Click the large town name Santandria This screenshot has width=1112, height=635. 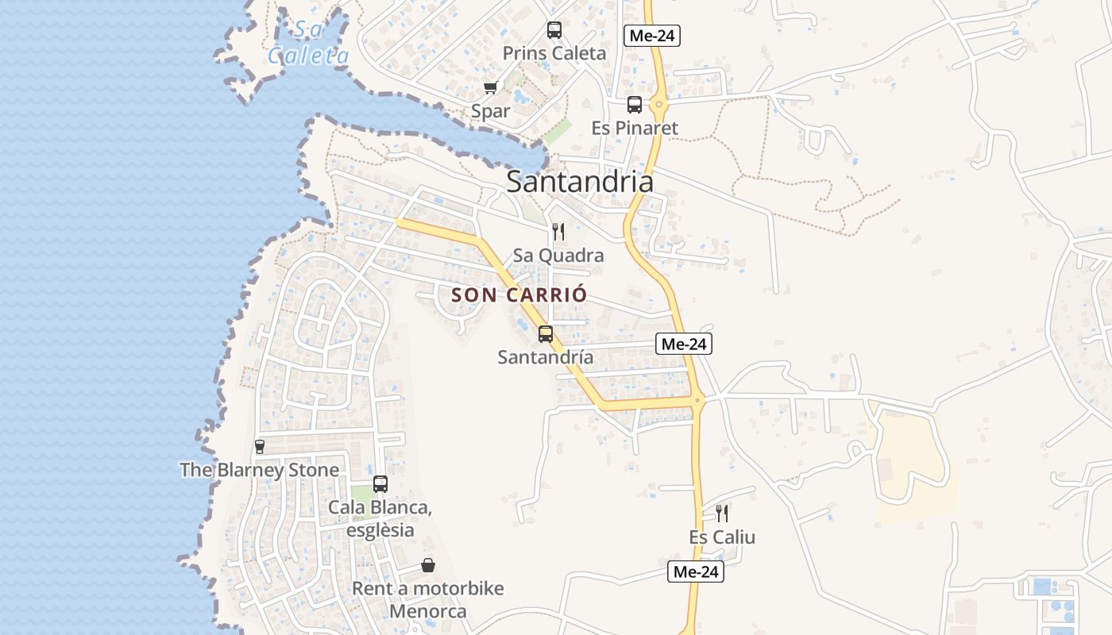tap(580, 182)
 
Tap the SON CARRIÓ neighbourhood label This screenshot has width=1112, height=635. tap(519, 295)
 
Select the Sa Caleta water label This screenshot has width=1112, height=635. tap(309, 44)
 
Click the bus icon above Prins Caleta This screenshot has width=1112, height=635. tap(554, 30)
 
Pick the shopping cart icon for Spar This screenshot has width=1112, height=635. tap(490, 87)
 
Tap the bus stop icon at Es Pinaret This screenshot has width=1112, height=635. tap(634, 104)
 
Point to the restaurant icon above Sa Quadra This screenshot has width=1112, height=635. tap(558, 232)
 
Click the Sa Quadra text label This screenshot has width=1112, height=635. tap(558, 256)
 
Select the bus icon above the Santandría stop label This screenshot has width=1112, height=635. tap(546, 333)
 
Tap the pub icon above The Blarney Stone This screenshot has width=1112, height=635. tap(260, 446)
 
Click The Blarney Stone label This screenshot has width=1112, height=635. tap(260, 470)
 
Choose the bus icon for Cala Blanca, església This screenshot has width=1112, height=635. tap(380, 483)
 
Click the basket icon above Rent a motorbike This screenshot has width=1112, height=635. tap(428, 565)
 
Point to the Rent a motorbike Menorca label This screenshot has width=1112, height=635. tap(428, 600)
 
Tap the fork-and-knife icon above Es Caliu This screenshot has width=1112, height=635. tap(722, 513)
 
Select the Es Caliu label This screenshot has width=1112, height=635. tap(722, 537)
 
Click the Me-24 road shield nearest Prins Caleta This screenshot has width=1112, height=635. tap(652, 35)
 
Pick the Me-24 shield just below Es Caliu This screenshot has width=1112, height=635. tap(696, 571)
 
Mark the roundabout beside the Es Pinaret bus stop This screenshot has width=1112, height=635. tap(658, 104)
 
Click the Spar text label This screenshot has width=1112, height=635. tap(490, 111)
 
